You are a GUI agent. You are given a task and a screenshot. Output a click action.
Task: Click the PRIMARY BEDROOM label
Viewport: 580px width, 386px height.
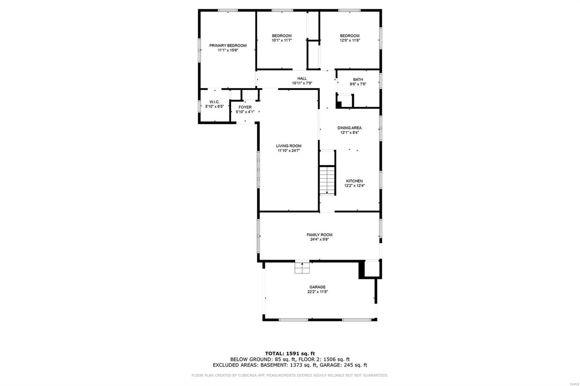228,46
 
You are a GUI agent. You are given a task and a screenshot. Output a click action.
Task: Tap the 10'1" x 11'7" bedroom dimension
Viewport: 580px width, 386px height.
282,40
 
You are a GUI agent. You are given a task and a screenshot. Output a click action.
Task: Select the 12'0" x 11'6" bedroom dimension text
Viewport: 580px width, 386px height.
350,40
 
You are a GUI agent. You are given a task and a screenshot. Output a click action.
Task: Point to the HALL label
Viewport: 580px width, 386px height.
302,78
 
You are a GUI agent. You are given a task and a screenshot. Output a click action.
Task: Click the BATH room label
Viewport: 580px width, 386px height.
358,79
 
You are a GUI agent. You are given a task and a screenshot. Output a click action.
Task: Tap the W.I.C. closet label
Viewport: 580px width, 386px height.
214,102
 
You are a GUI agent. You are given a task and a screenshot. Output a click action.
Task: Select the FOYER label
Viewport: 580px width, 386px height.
245,107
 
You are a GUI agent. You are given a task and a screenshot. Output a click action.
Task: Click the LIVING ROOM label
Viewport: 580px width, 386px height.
289,146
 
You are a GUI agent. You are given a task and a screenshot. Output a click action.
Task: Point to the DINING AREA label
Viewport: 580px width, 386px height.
349,128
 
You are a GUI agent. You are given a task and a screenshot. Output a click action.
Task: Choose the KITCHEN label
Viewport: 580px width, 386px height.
355,181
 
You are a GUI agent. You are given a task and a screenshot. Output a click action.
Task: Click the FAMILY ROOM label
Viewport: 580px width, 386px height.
319,235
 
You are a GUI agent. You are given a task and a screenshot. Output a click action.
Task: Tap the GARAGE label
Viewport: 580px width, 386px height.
318,287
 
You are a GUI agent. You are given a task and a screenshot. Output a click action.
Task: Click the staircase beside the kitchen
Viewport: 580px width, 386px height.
327,180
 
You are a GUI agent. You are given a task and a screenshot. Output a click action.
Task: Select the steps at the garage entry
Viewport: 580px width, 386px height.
302,268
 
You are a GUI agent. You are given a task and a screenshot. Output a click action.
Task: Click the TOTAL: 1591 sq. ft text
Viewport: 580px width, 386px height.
290,353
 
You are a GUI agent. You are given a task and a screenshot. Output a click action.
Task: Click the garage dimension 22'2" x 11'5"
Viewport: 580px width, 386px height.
318,292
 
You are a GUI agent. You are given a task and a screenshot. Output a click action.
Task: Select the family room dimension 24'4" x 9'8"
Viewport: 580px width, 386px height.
319,240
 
